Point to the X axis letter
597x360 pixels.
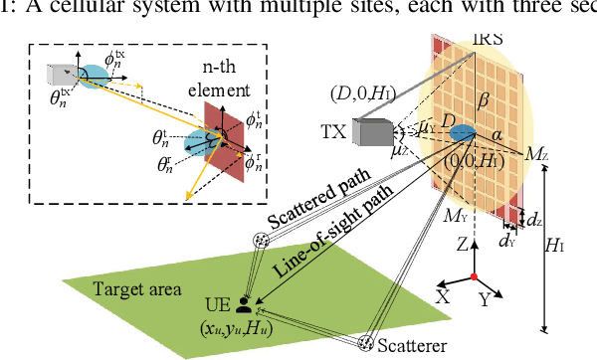coord(442,296)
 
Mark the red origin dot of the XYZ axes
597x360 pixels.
coord(475,273)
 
